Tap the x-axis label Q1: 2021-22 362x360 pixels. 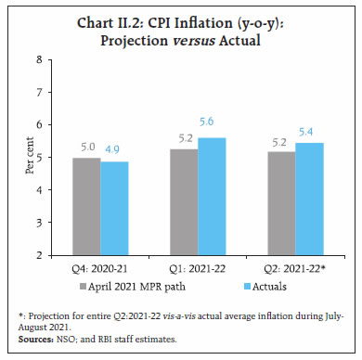(x=191, y=269)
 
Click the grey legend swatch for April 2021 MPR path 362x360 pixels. (x=84, y=285)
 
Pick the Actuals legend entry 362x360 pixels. (x=245, y=285)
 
